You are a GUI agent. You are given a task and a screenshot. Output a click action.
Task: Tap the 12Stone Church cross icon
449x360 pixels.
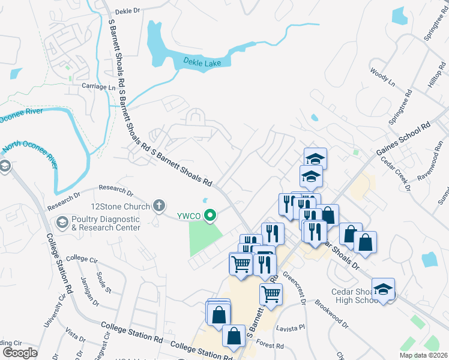(x=159, y=206)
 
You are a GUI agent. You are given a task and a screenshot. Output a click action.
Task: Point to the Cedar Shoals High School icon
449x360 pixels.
(x=382, y=290)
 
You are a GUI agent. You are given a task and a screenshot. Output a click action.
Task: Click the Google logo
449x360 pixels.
(x=20, y=353)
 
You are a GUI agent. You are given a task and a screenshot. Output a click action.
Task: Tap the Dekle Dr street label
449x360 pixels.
(x=127, y=10)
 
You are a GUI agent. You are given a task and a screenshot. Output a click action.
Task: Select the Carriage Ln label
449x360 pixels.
(x=98, y=87)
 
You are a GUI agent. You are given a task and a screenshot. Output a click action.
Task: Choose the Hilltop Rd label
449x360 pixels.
(x=435, y=75)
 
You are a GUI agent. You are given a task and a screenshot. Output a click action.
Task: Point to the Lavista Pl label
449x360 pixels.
(x=291, y=329)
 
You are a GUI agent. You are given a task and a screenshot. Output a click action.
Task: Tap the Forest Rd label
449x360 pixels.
(x=270, y=346)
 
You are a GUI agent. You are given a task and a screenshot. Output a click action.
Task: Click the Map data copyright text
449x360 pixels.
(x=424, y=355)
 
